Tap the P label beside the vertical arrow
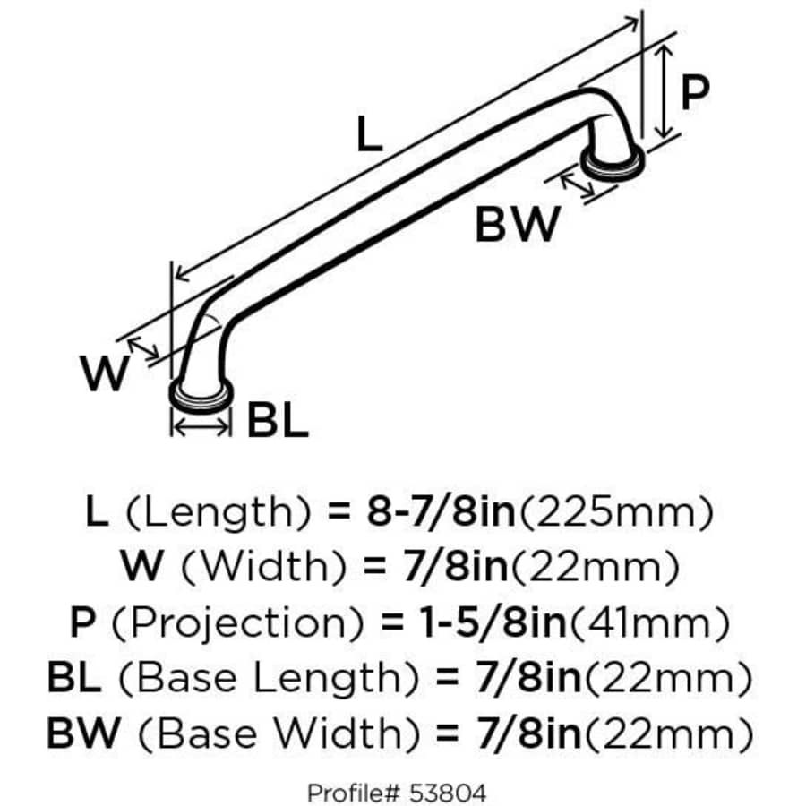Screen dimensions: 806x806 (695, 92)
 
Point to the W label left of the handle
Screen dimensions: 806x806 (105, 373)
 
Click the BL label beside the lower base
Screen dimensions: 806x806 (278, 420)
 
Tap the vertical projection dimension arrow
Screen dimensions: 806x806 (664, 93)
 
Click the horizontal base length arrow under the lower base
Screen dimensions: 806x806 (201, 428)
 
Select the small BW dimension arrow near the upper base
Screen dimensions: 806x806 (578, 184)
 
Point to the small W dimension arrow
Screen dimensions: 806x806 (144, 347)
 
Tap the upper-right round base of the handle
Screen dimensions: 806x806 (610, 163)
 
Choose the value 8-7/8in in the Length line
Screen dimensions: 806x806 (442, 512)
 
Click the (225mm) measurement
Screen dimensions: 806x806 (617, 512)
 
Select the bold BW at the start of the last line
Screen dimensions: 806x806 (81, 734)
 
